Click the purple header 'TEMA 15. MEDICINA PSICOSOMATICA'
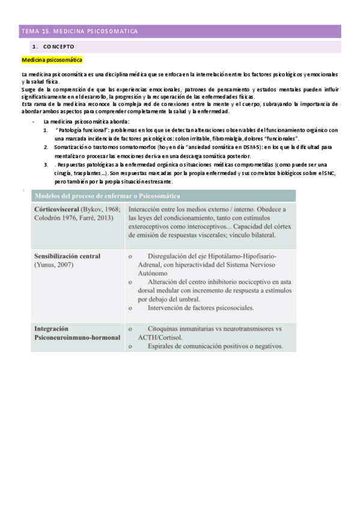point(80,31)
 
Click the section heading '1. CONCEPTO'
point(53,46)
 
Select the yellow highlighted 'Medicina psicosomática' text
point(52,61)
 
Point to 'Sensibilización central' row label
point(66,255)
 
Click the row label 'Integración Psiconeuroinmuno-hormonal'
point(72,333)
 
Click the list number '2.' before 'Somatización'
point(46,147)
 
